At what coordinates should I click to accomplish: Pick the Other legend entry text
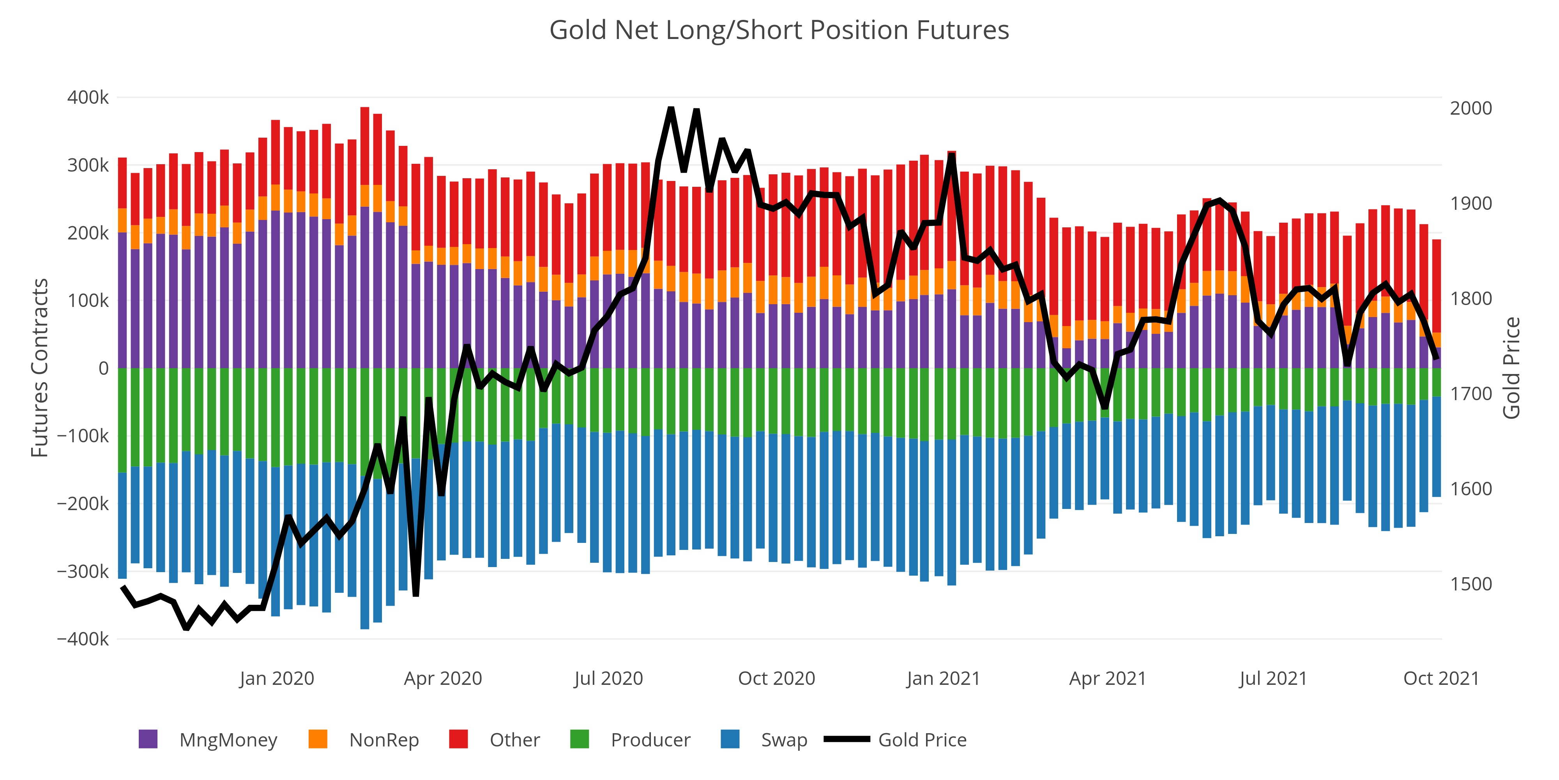point(514,740)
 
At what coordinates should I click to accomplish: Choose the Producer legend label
point(650,740)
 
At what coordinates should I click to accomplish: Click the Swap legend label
point(784,740)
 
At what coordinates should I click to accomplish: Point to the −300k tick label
point(83,571)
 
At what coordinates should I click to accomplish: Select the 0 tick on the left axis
point(104,368)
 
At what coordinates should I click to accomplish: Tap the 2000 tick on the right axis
point(1471,108)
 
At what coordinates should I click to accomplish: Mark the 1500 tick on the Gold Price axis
point(1471,584)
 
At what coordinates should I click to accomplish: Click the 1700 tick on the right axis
point(1471,394)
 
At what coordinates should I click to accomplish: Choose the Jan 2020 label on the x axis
point(277,678)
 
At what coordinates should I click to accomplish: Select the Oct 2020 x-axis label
point(776,678)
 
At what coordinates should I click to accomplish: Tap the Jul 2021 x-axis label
point(1273,678)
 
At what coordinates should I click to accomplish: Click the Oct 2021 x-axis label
point(1441,678)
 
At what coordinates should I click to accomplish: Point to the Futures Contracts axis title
point(40,368)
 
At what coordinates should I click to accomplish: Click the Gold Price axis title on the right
point(1511,368)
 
